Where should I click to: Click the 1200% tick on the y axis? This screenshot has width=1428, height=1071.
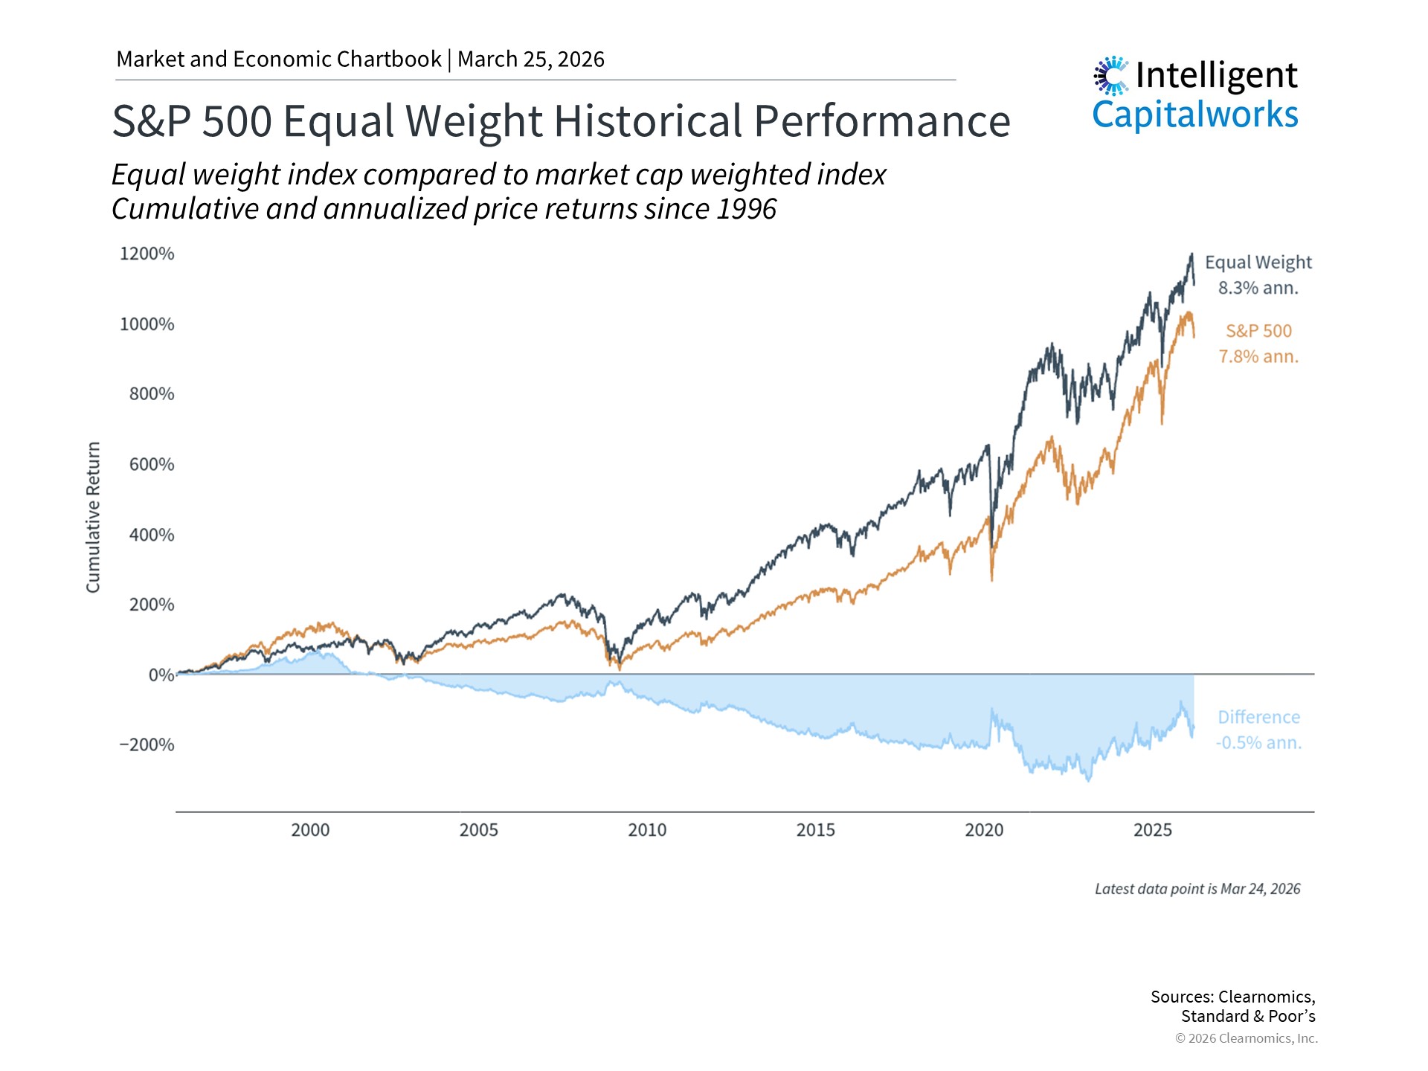point(147,254)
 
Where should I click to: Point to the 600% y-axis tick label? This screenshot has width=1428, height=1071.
point(152,464)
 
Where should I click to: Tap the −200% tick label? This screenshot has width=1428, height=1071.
point(147,744)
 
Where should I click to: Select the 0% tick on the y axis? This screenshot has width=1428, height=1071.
point(161,675)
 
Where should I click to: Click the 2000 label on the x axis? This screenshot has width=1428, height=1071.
point(310,830)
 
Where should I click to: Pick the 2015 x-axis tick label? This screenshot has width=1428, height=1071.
point(815,830)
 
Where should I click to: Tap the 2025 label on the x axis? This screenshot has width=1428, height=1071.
point(1152,830)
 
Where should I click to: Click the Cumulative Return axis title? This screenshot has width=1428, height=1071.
point(93,517)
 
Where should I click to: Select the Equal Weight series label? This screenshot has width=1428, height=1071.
point(1258,263)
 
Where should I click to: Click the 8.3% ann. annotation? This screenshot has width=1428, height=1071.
point(1258,288)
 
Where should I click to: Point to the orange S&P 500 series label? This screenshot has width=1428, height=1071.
point(1258,331)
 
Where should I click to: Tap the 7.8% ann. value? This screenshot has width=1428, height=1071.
point(1258,356)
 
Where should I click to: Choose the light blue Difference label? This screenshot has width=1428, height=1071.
point(1258,717)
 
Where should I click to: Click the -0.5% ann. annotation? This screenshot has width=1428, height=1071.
point(1258,742)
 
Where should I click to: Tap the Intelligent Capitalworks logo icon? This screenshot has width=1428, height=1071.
point(1111,76)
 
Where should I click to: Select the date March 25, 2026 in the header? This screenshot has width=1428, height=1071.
point(531,59)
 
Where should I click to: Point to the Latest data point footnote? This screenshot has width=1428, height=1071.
point(1197,889)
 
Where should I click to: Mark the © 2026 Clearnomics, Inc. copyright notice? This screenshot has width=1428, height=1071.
point(1246,1038)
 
